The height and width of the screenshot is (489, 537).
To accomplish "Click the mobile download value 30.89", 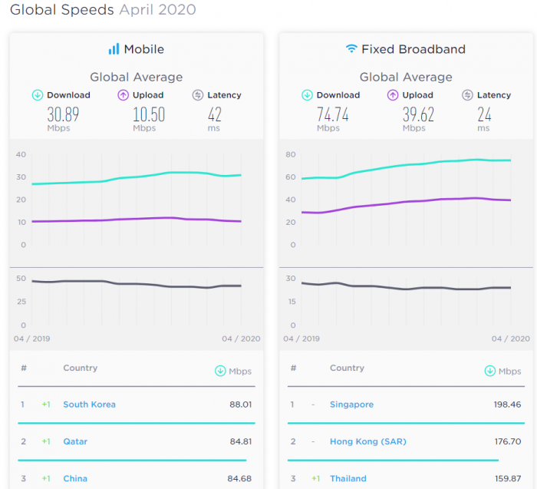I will point(63,114).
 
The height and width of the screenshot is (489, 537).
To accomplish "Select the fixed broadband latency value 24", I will point(483,114).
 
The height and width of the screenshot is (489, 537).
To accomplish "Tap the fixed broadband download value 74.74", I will point(332,114).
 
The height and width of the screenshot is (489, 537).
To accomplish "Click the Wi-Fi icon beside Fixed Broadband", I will point(351,49).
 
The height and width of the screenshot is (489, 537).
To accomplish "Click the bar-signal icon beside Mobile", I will point(114,49).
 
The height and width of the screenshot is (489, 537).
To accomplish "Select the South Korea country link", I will point(89,405).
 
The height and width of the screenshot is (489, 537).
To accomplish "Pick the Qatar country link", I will point(75,441).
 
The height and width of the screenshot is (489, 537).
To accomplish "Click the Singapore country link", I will point(351,405).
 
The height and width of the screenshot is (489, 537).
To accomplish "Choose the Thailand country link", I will point(348,478).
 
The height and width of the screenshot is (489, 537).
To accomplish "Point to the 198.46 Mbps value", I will point(506,405).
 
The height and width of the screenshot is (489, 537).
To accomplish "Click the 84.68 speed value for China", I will point(239,478).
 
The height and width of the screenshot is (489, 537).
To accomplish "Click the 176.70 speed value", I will point(506,441).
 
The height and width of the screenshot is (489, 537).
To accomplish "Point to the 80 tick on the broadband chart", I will point(291,154).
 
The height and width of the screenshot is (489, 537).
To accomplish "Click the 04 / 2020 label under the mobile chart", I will point(241,339).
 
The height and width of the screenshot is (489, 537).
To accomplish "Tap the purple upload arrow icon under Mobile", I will point(122,95).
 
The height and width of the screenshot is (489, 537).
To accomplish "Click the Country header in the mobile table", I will point(81,368).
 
